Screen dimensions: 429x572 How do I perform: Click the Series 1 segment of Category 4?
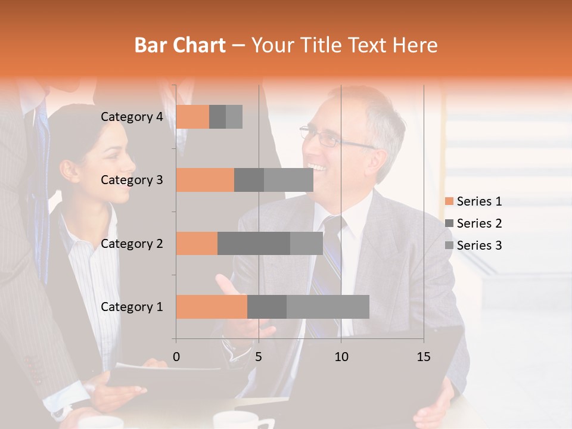pyautogui.click(x=192, y=117)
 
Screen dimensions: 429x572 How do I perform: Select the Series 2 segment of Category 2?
pyautogui.click(x=254, y=243)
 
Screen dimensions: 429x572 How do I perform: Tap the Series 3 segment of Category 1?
pyautogui.click(x=328, y=306)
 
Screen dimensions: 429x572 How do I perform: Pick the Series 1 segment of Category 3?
pyautogui.click(x=205, y=180)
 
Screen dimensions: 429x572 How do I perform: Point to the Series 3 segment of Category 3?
pyautogui.click(x=288, y=180)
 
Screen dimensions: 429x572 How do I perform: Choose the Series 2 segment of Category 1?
pyautogui.click(x=267, y=306)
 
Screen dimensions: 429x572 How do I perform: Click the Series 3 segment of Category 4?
pyautogui.click(x=234, y=117)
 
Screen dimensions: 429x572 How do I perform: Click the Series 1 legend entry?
pyautogui.click(x=473, y=201)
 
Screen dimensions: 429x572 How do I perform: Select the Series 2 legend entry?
pyautogui.click(x=473, y=223)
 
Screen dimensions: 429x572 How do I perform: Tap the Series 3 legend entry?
pyautogui.click(x=473, y=245)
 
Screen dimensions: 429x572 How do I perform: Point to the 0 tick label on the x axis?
pyautogui.click(x=176, y=357)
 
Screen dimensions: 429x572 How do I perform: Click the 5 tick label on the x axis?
pyautogui.click(x=259, y=357)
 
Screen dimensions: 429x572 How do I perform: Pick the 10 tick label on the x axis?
pyautogui.click(x=341, y=357)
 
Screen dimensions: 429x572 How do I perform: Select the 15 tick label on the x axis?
pyautogui.click(x=424, y=357)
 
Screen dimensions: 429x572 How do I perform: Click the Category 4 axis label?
pyautogui.click(x=132, y=117)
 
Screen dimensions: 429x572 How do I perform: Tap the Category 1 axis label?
pyautogui.click(x=132, y=307)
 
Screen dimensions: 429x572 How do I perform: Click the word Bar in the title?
pyautogui.click(x=148, y=45)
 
